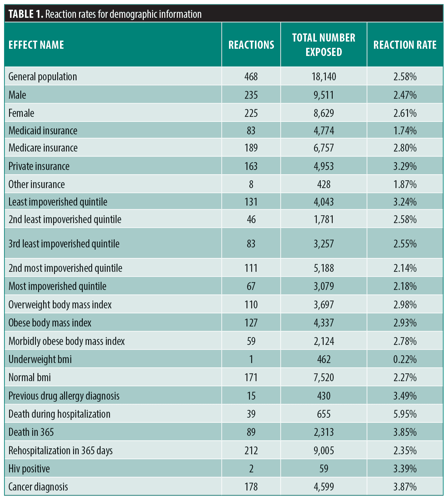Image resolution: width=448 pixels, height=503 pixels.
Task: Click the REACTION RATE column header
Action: [405, 45]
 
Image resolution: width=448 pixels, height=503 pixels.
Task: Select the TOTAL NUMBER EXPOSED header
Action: [324, 45]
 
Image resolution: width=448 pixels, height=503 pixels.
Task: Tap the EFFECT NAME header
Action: [36, 45]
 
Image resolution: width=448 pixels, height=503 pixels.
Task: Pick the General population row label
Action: [42, 77]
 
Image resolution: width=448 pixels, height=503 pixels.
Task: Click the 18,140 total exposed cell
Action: [324, 77]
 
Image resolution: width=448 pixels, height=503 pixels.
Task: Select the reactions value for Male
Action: [251, 95]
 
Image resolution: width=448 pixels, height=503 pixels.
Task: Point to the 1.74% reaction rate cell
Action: [405, 131]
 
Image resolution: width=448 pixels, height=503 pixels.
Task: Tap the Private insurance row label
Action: [39, 166]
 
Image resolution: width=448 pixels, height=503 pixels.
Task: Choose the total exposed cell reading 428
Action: [324, 184]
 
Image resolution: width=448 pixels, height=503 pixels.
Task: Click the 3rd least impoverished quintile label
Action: [64, 244]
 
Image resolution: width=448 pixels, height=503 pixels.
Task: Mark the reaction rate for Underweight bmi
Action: [405, 359]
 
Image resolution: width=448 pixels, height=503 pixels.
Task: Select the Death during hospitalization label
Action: [59, 414]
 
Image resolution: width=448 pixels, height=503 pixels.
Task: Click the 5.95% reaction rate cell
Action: [405, 414]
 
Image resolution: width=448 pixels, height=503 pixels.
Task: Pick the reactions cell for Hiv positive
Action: [251, 469]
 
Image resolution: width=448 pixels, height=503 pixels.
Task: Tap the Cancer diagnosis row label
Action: [38, 487]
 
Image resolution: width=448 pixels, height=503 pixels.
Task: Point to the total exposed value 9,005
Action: [324, 451]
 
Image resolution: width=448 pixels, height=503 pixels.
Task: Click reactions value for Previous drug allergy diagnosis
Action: [251, 396]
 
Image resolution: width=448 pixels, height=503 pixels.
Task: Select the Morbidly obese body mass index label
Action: [67, 341]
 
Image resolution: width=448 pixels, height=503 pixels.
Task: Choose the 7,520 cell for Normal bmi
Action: [324, 377]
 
